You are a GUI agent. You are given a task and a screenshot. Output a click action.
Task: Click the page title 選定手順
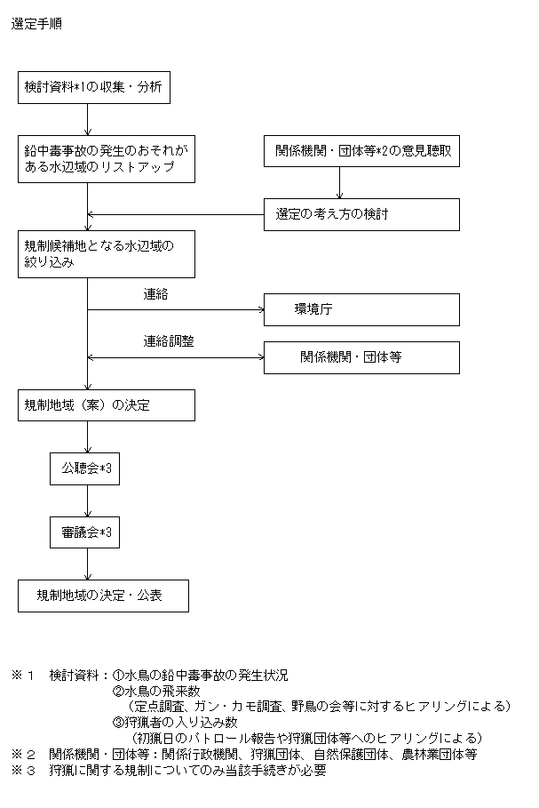pyautogui.click(x=36, y=24)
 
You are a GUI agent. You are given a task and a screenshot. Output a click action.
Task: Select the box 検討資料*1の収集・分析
pyautogui.click(x=94, y=88)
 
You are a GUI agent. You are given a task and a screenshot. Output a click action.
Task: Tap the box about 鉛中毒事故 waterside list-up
pyautogui.click(x=107, y=159)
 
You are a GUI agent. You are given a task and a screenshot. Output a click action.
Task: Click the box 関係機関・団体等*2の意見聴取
pyautogui.click(x=361, y=151)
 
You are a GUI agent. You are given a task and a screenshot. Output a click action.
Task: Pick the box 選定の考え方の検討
pyautogui.click(x=361, y=215)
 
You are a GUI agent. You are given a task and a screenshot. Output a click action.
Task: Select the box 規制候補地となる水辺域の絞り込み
pyautogui.click(x=107, y=254)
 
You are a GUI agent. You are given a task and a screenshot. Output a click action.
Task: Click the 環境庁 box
pyautogui.click(x=361, y=309)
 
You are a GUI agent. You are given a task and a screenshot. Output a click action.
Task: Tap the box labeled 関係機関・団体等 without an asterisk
pyautogui.click(x=361, y=357)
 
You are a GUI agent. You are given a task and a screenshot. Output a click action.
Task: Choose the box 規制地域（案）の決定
pyautogui.click(x=107, y=405)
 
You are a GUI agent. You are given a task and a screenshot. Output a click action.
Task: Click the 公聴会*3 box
pyautogui.click(x=85, y=469)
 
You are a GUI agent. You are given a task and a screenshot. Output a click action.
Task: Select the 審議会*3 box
pyautogui.click(x=85, y=532)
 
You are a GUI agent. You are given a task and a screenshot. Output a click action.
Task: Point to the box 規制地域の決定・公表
pyautogui.click(x=104, y=596)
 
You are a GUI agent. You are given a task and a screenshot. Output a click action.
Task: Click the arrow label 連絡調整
pyautogui.click(x=169, y=341)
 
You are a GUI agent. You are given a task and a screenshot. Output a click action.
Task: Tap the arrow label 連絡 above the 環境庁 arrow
pyautogui.click(x=155, y=294)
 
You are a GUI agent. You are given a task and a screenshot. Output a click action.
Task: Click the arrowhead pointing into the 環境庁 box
pyautogui.click(x=262, y=309)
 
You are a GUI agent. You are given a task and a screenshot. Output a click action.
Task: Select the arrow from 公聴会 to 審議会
pyautogui.click(x=88, y=500)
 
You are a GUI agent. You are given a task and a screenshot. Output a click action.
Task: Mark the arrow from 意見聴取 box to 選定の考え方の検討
pyautogui.click(x=339, y=183)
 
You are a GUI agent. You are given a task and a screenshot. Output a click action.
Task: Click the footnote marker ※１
pyautogui.click(x=23, y=676)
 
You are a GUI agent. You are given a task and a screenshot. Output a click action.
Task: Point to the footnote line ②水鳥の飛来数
pyautogui.click(x=156, y=691)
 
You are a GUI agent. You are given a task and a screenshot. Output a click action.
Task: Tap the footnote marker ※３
pyautogui.click(x=23, y=771)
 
